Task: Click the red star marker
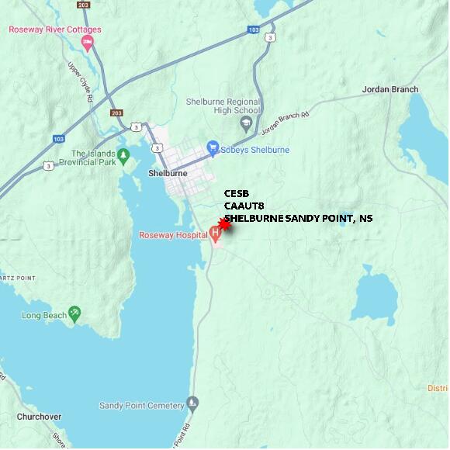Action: [224, 223]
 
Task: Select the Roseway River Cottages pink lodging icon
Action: [87, 43]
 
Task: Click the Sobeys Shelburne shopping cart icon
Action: [213, 149]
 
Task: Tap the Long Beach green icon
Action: [74, 314]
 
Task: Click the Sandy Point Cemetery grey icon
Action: [193, 404]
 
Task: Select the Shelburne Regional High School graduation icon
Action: [247, 123]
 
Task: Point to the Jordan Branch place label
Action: [389, 90]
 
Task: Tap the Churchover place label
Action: [39, 417]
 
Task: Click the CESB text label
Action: [237, 193]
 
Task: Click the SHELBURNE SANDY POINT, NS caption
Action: [299, 218]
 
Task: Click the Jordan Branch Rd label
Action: [285, 119]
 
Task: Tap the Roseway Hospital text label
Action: [173, 235]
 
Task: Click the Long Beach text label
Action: [43, 316]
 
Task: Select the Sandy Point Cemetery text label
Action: [141, 405]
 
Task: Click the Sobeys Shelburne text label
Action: [256, 149]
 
